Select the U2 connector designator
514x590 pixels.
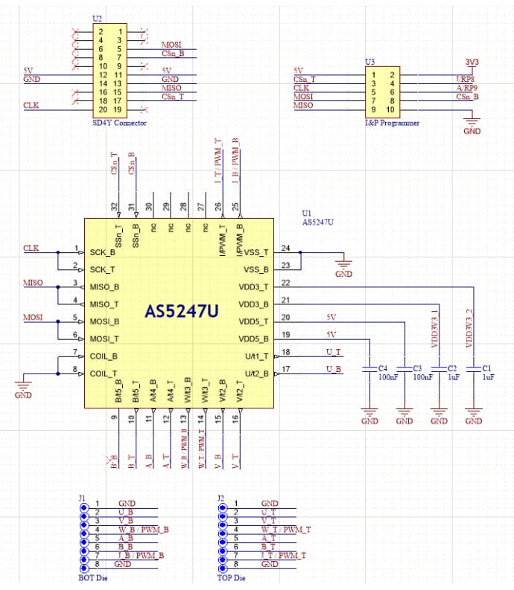(97, 18)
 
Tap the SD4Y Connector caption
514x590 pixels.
(118, 122)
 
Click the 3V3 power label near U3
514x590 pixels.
(472, 62)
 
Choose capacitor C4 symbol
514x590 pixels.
(369, 369)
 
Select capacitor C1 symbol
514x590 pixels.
(473, 369)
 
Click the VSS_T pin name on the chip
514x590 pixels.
(256, 252)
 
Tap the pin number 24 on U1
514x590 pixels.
(285, 248)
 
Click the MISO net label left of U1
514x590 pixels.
(33, 283)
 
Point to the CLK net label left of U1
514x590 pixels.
(31, 248)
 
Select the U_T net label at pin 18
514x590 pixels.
(334, 352)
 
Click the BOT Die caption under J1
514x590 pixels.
(93, 577)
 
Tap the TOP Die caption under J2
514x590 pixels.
(230, 577)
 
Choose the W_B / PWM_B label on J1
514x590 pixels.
(142, 529)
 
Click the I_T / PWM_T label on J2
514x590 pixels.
(283, 555)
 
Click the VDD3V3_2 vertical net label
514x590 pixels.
(469, 328)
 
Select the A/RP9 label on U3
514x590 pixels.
(468, 87)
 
